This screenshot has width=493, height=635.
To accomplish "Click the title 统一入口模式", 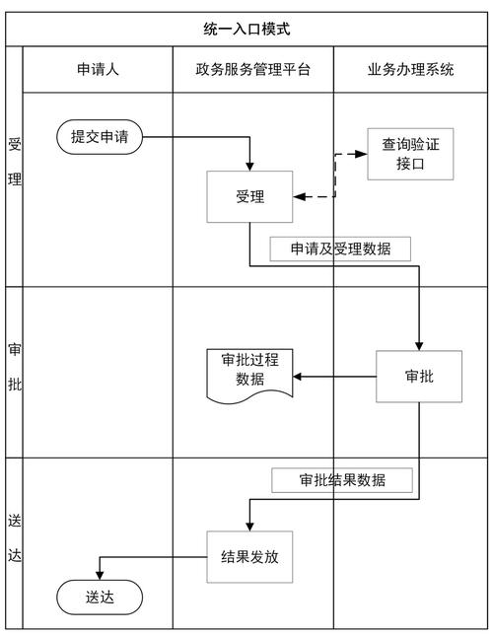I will coord(246,31).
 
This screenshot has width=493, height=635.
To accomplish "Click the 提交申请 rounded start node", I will coord(100,136).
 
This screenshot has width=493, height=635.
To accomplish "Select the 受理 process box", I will coord(249,196).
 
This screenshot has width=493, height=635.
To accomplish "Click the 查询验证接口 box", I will coord(410,154).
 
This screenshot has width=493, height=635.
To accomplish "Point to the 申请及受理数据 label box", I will coord(339,248).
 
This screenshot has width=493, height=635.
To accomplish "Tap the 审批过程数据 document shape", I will coord(249,373).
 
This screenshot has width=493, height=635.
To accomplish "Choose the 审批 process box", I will coord(419,376).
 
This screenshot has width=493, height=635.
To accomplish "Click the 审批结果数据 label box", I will coord(342,480).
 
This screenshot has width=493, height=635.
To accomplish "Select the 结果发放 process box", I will coord(249,556).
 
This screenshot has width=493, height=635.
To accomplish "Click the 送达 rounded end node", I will coord(100,597).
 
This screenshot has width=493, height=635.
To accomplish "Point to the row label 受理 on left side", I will coord(15,163).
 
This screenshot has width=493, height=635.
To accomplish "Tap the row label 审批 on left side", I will coord(15,367).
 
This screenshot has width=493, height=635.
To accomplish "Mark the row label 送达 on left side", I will coord(15,538).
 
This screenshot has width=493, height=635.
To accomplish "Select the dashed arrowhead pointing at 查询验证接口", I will coord(361,154).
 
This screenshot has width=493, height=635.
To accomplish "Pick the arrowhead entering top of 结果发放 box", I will coord(249,526).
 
